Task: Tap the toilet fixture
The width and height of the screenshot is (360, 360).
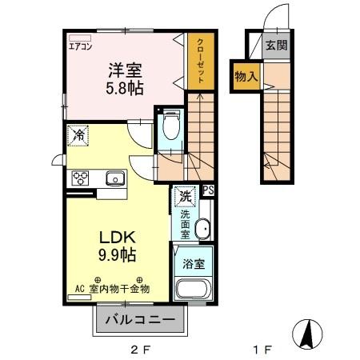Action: click(x=170, y=125)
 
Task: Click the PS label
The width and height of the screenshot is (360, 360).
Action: click(x=208, y=190)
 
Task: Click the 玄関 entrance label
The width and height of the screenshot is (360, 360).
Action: click(x=275, y=46)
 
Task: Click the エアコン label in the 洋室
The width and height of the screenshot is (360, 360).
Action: click(x=79, y=46)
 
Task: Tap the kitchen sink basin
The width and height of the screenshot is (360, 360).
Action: click(x=114, y=178)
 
